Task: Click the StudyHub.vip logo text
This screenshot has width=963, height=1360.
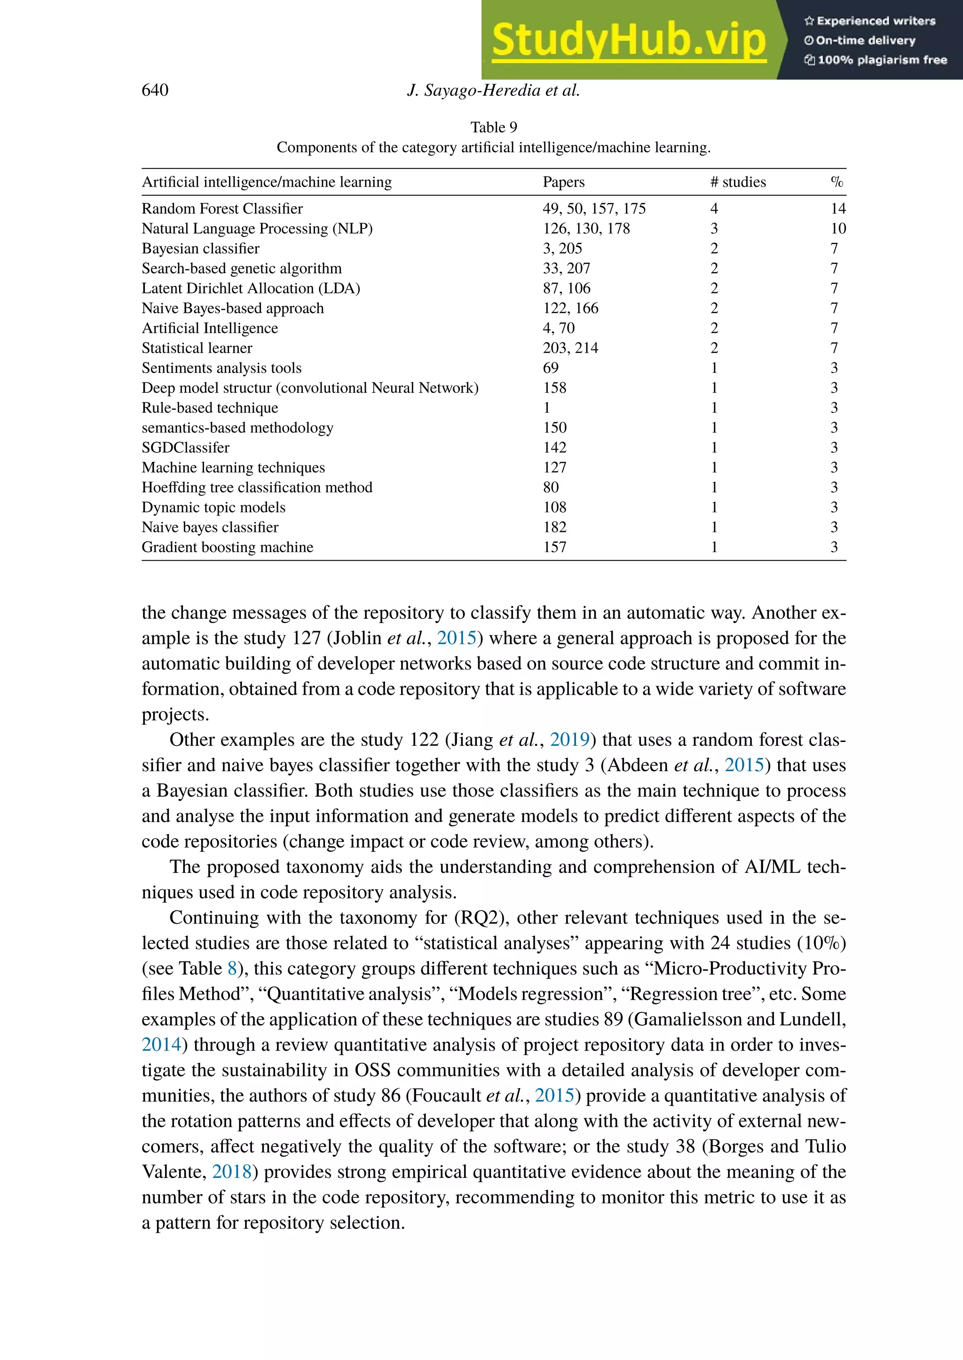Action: [x=629, y=40]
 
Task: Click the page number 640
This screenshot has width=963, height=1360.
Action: [x=155, y=90]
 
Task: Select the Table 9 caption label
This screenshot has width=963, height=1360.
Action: [x=493, y=127]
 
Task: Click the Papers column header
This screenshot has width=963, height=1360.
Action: [x=563, y=182]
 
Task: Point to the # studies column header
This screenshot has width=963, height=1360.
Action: [x=738, y=182]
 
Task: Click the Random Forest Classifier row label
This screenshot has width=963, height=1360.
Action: [x=222, y=209]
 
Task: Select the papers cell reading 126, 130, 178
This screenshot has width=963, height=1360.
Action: [x=586, y=229]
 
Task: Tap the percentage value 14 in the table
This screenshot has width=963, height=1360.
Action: [x=838, y=209]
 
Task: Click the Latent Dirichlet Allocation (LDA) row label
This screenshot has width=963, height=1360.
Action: [x=251, y=288]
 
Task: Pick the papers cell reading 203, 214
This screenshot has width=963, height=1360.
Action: [x=570, y=348]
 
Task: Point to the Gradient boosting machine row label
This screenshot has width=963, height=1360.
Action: [x=227, y=547]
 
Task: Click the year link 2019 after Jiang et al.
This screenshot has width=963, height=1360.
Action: [x=569, y=740]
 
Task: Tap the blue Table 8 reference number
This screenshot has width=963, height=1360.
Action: [x=232, y=969]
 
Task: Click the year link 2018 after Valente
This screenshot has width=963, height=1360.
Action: [x=232, y=1172]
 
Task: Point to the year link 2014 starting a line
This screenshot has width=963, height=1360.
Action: [x=161, y=1045]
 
